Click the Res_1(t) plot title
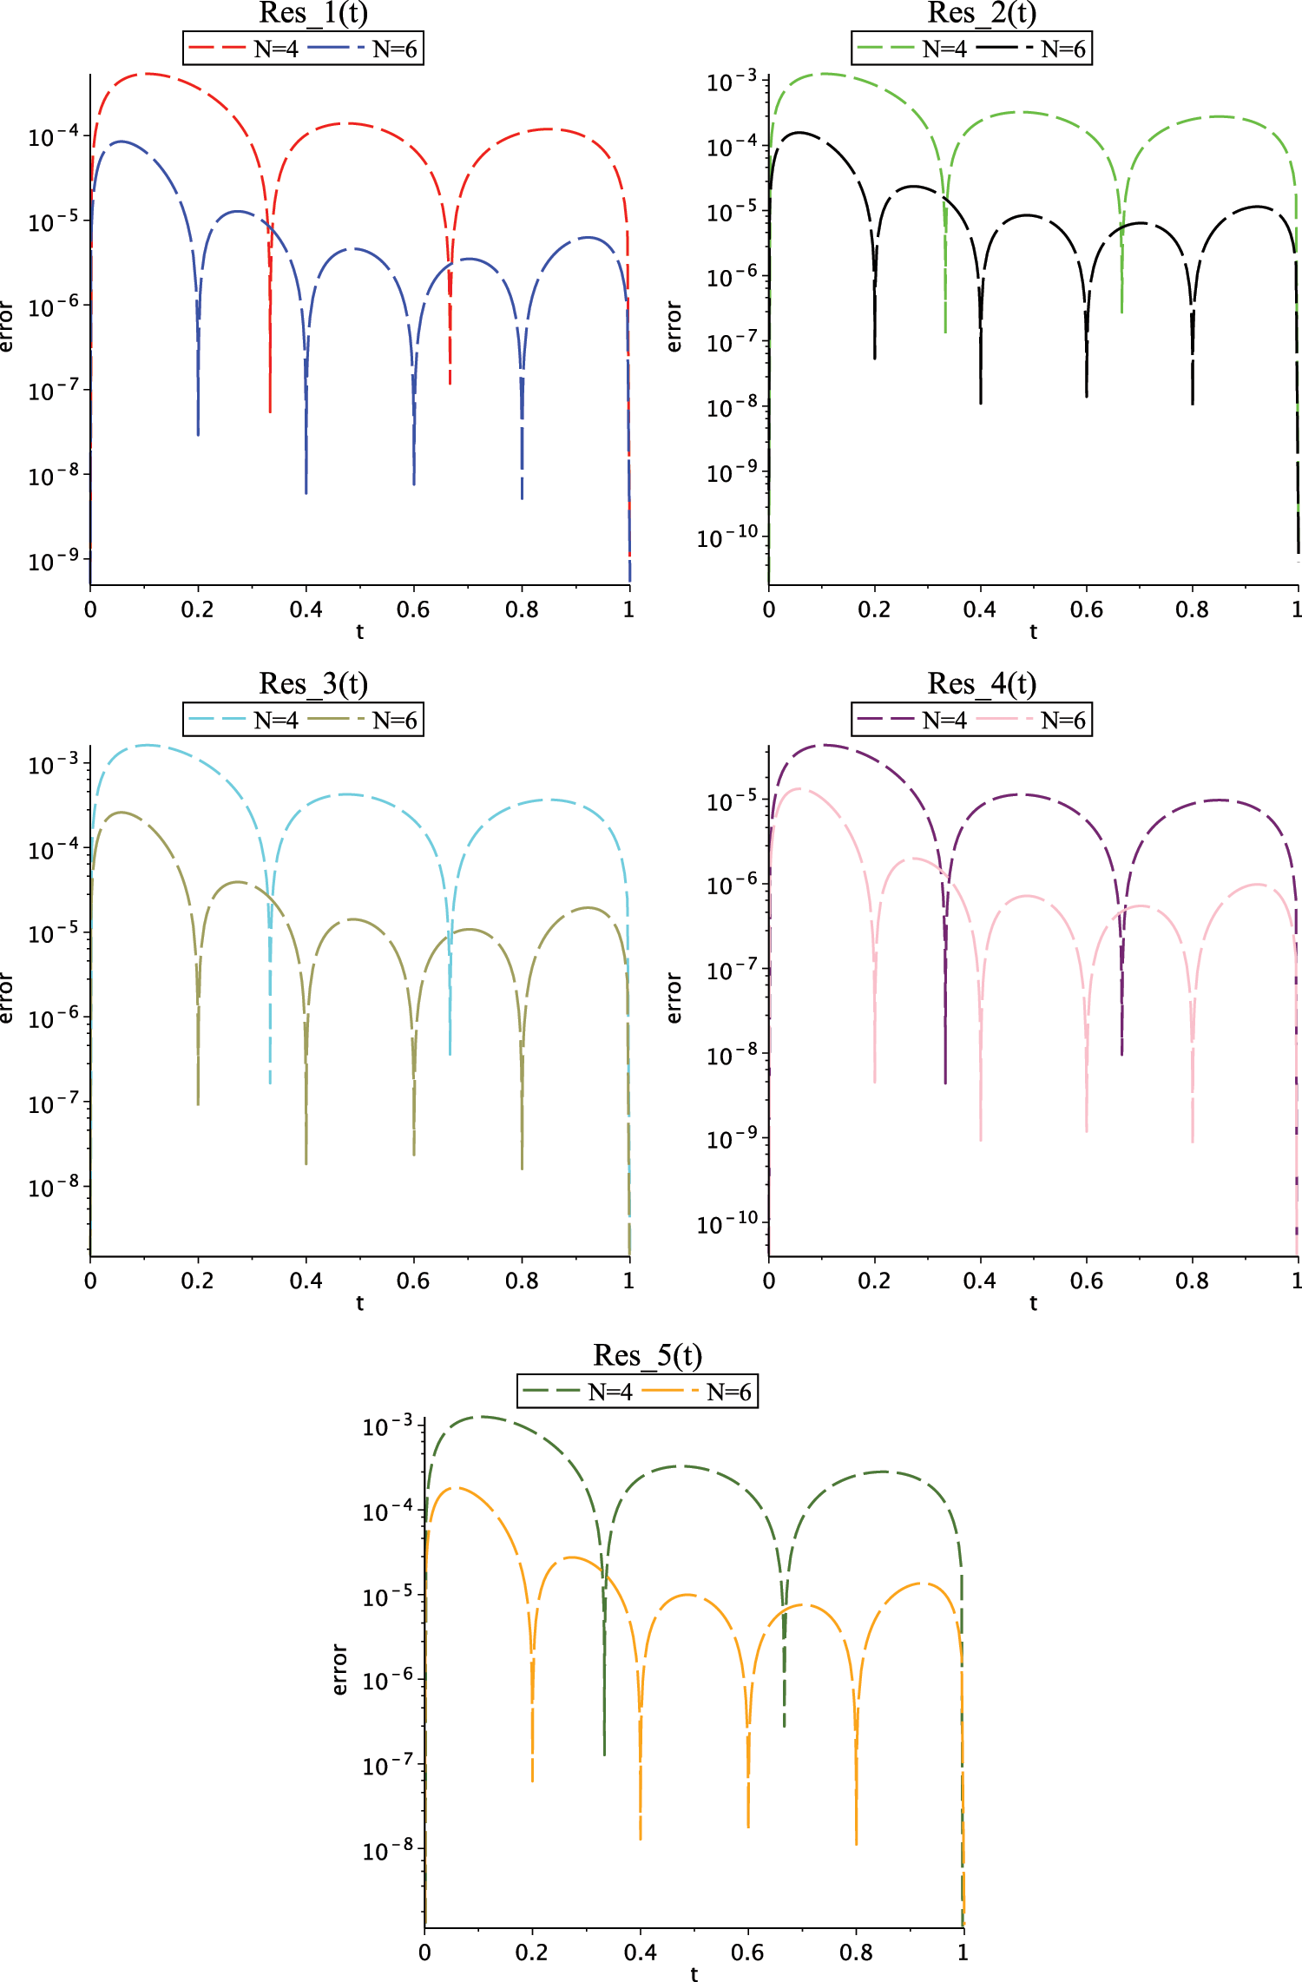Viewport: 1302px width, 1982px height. click(x=313, y=13)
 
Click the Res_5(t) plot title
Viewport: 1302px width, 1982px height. click(x=648, y=1355)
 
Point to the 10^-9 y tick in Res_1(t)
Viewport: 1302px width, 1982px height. click(x=54, y=561)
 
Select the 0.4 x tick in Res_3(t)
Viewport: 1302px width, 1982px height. click(x=306, y=1281)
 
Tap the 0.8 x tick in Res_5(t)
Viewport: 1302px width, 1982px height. click(x=856, y=1952)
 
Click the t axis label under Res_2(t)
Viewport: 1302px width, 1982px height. click(x=1033, y=632)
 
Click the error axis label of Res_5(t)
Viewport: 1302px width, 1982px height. click(x=339, y=1669)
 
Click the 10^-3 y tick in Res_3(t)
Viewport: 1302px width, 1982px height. click(x=54, y=764)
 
